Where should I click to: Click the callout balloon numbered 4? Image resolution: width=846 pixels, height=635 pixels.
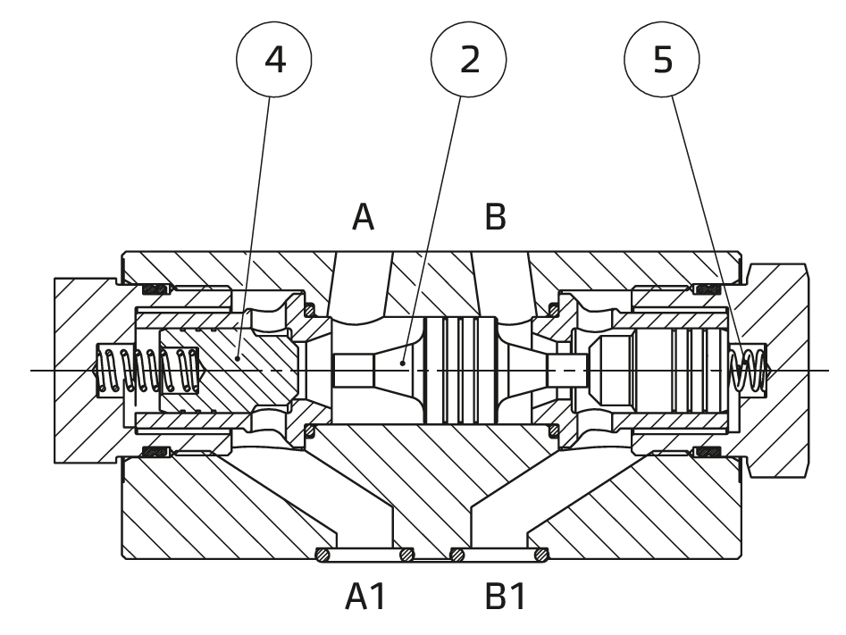(274, 59)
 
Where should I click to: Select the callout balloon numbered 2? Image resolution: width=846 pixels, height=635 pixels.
(468, 59)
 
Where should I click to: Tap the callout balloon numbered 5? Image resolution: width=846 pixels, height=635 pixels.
(662, 59)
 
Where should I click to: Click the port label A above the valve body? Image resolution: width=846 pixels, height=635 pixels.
(363, 217)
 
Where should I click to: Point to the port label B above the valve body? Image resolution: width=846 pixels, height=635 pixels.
(495, 217)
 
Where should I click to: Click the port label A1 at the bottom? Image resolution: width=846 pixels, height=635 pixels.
(365, 597)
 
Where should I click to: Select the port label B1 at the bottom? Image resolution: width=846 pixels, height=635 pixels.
(505, 597)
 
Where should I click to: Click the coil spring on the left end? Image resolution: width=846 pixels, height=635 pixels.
(147, 370)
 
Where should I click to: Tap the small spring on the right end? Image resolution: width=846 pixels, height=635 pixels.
(748, 369)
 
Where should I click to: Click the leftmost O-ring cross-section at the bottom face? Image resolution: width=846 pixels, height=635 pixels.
(322, 555)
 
